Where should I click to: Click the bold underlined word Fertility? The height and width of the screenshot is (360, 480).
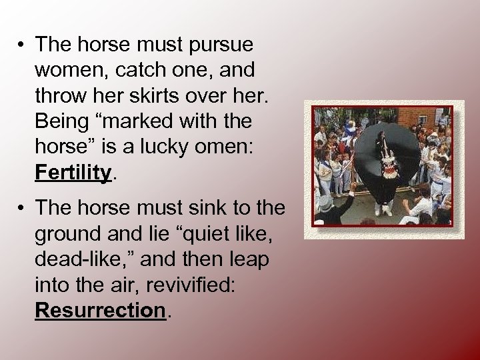(x=73, y=173)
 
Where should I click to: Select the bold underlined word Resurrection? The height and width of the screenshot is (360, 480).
(x=100, y=311)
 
